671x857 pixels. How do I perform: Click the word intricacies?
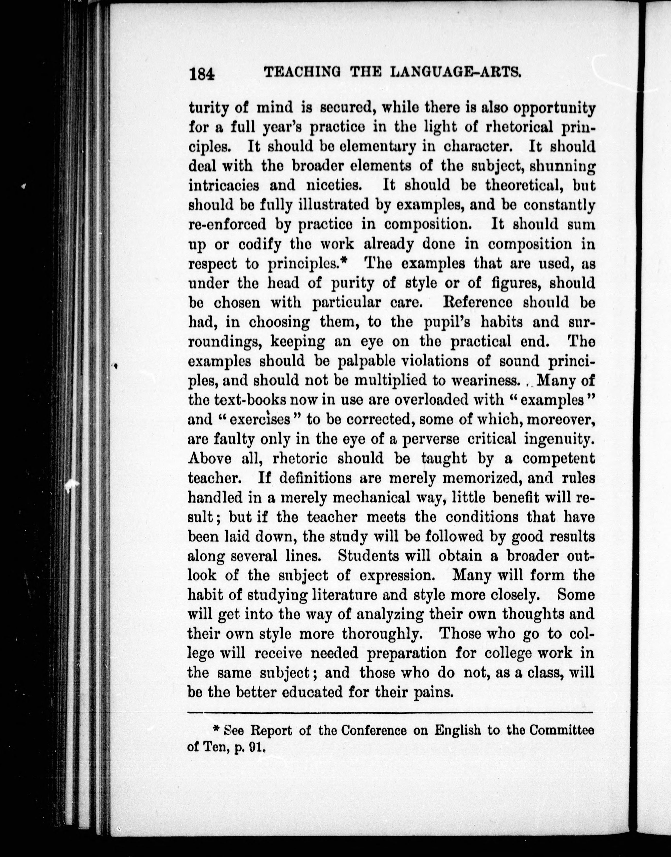(223, 185)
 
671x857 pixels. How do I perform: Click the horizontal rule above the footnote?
(390, 712)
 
